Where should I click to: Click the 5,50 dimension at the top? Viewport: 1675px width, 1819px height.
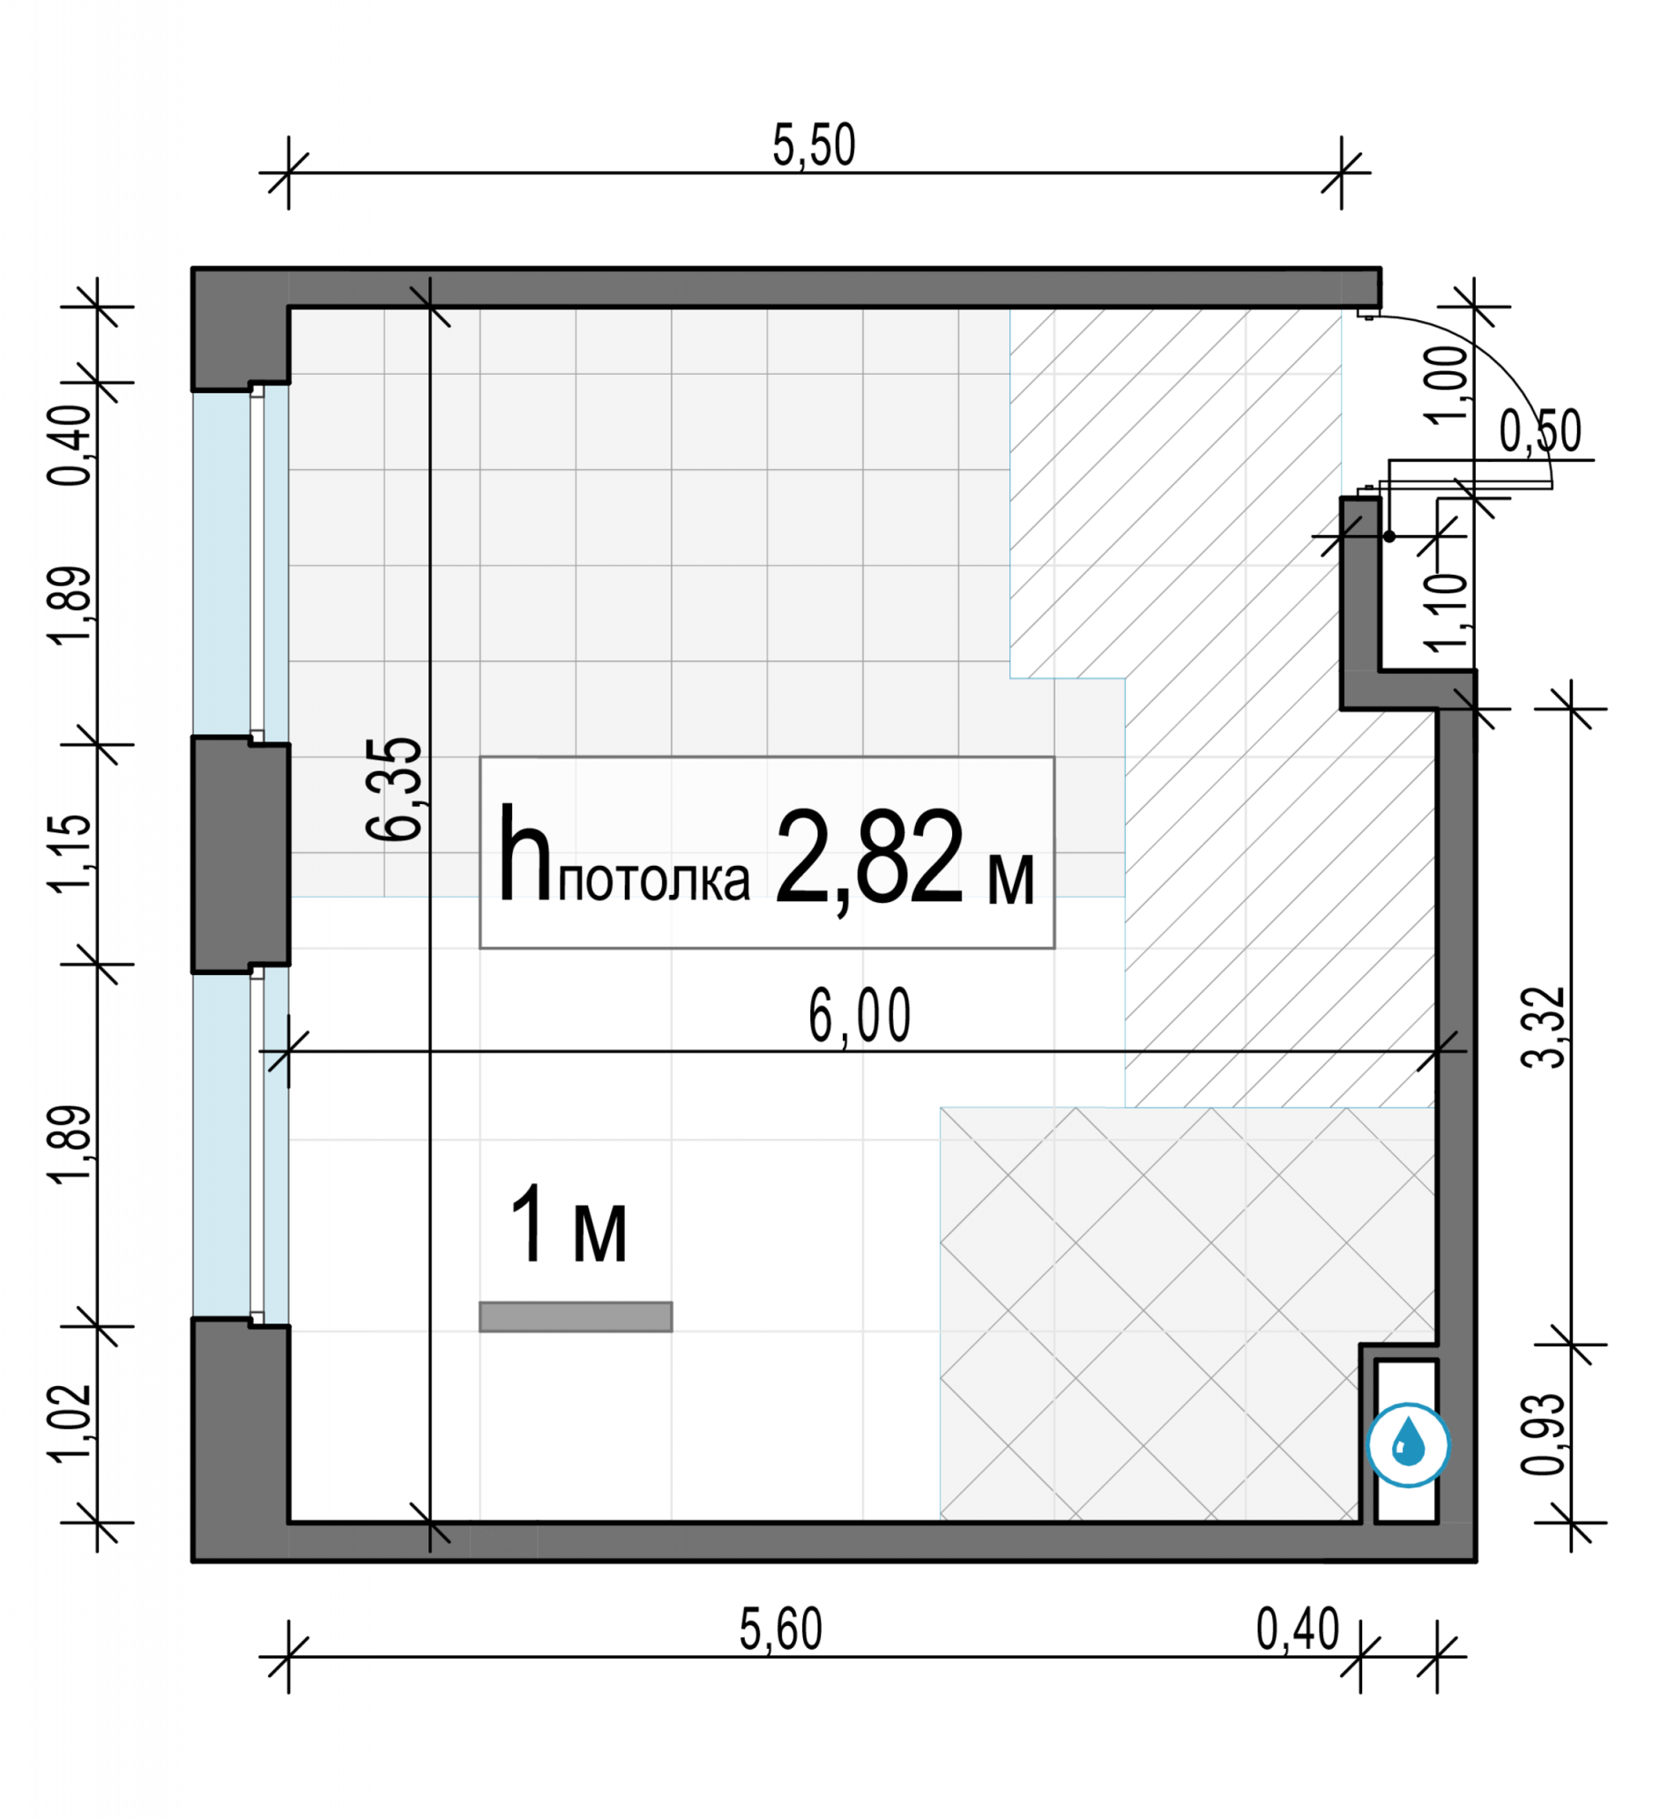(x=814, y=146)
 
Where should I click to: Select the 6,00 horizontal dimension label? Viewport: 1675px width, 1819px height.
(x=859, y=1016)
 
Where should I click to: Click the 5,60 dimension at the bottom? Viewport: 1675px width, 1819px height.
(x=780, y=1629)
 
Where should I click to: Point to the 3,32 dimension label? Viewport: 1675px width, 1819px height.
(x=1544, y=1028)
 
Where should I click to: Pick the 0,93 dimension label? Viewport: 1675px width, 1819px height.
(x=1544, y=1434)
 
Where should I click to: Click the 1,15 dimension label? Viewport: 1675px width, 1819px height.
(x=70, y=853)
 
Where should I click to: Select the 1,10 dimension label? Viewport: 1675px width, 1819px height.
(x=1447, y=612)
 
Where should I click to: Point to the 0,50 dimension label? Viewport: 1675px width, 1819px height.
(x=1540, y=431)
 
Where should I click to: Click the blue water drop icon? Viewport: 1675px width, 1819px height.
(x=1409, y=1445)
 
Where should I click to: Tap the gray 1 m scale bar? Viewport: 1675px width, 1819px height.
(x=576, y=1317)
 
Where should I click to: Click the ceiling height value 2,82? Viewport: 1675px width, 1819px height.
(x=869, y=857)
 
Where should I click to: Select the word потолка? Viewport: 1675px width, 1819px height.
(x=654, y=880)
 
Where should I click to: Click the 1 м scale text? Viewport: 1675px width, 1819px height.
(x=569, y=1225)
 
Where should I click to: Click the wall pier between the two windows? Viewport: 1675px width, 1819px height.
(x=241, y=854)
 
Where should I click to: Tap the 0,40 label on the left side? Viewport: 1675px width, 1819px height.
(x=70, y=446)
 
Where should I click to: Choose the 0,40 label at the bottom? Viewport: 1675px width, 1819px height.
(x=1298, y=1629)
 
